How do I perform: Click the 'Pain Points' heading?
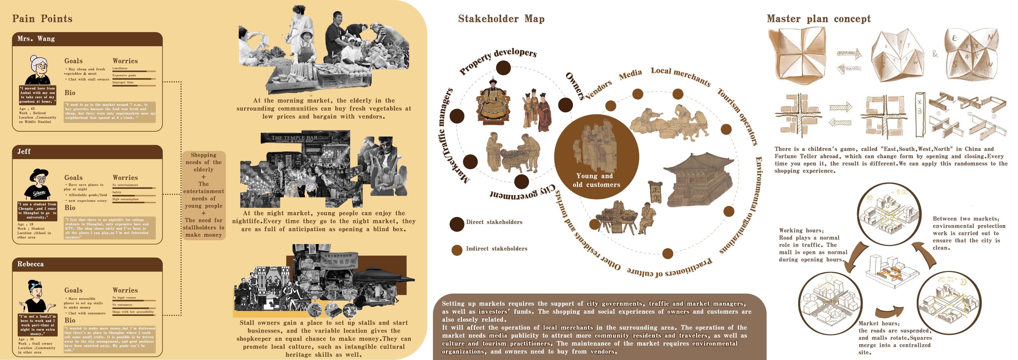[x=42, y=19]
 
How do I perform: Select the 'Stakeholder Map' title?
[x=501, y=19]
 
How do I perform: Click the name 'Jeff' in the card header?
[x=24, y=151]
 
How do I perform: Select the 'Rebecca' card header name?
[x=30, y=264]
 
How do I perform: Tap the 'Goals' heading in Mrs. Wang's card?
[x=74, y=61]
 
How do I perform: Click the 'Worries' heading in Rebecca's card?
[x=125, y=290]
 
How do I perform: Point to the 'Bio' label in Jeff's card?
[x=70, y=207]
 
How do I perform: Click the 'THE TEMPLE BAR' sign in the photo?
[x=295, y=138]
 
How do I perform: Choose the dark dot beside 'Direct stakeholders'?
[x=457, y=224]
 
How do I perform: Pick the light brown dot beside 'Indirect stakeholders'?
[x=457, y=250]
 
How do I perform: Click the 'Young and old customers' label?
[x=596, y=180]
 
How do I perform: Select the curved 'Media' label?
[x=630, y=74]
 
